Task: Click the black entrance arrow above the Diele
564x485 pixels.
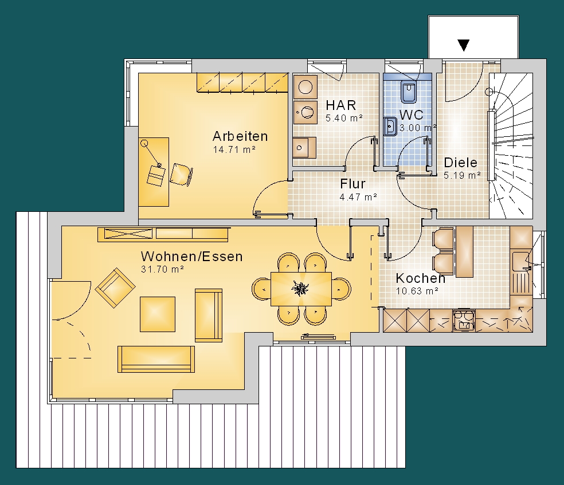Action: (464, 45)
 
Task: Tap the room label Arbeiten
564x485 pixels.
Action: (240, 136)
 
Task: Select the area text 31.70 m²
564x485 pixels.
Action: (163, 269)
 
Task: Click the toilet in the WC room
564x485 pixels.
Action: (409, 92)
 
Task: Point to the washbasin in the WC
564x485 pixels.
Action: (390, 127)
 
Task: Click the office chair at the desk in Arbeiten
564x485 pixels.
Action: (181, 175)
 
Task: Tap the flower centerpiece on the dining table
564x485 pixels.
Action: (300, 288)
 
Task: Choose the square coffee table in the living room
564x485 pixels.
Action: (158, 314)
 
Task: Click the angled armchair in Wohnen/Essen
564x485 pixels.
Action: (115, 287)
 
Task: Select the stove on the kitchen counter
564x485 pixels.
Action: (464, 320)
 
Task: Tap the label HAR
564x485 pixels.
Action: (341, 105)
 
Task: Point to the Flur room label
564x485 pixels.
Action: (352, 184)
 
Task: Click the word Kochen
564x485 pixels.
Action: (421, 278)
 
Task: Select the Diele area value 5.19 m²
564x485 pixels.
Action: (462, 175)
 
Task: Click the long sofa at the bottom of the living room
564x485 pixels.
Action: (156, 359)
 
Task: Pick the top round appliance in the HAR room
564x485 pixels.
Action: (305, 87)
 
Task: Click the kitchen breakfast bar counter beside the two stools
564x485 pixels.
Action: (464, 251)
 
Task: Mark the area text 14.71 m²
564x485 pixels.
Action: (234, 149)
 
